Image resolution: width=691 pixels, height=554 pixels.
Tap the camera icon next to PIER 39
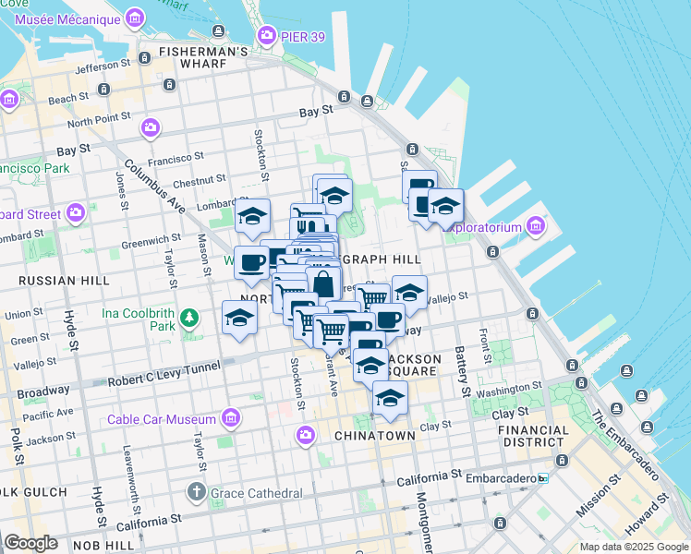coord(268,35)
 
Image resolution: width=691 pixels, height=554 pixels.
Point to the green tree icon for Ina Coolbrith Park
coord(189,318)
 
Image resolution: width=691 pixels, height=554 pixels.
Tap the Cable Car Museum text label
coord(162,420)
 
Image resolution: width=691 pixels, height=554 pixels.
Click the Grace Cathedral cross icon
coord(195,491)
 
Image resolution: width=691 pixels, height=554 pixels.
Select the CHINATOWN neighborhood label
coord(374,435)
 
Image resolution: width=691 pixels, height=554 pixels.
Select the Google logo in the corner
coord(30,543)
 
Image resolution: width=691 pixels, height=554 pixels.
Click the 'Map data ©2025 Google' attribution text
coord(633,547)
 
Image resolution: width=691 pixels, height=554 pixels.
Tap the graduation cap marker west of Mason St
coord(239,319)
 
